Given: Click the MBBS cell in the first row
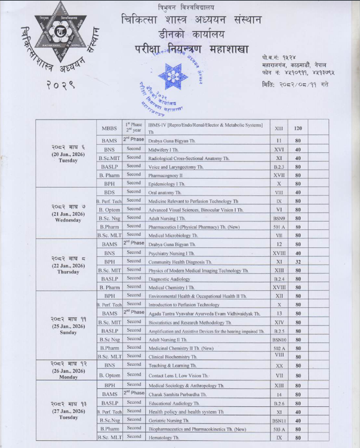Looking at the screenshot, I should (109, 128).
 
